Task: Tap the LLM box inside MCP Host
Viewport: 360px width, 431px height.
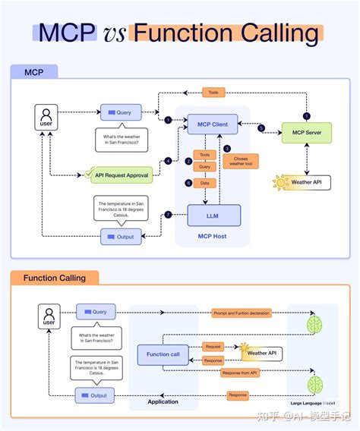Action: [213, 215]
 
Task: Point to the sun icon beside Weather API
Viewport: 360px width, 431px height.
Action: [283, 182]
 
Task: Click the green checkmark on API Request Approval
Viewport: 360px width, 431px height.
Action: [90, 174]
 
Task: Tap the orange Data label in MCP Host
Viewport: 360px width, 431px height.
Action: [204, 184]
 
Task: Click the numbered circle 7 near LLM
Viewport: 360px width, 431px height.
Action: [168, 215]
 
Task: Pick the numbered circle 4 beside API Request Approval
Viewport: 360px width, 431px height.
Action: [168, 161]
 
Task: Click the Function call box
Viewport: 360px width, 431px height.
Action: [163, 354]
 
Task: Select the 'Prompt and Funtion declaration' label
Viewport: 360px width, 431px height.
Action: [241, 313]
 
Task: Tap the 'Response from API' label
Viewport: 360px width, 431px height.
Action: [242, 373]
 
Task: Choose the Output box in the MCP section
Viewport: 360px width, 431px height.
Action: [121, 237]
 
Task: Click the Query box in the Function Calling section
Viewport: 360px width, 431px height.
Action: [95, 312]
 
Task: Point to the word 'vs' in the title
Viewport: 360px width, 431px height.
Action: [112, 33]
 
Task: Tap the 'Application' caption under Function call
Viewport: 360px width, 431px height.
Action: [163, 402]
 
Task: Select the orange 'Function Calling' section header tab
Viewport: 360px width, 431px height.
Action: [55, 278]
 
